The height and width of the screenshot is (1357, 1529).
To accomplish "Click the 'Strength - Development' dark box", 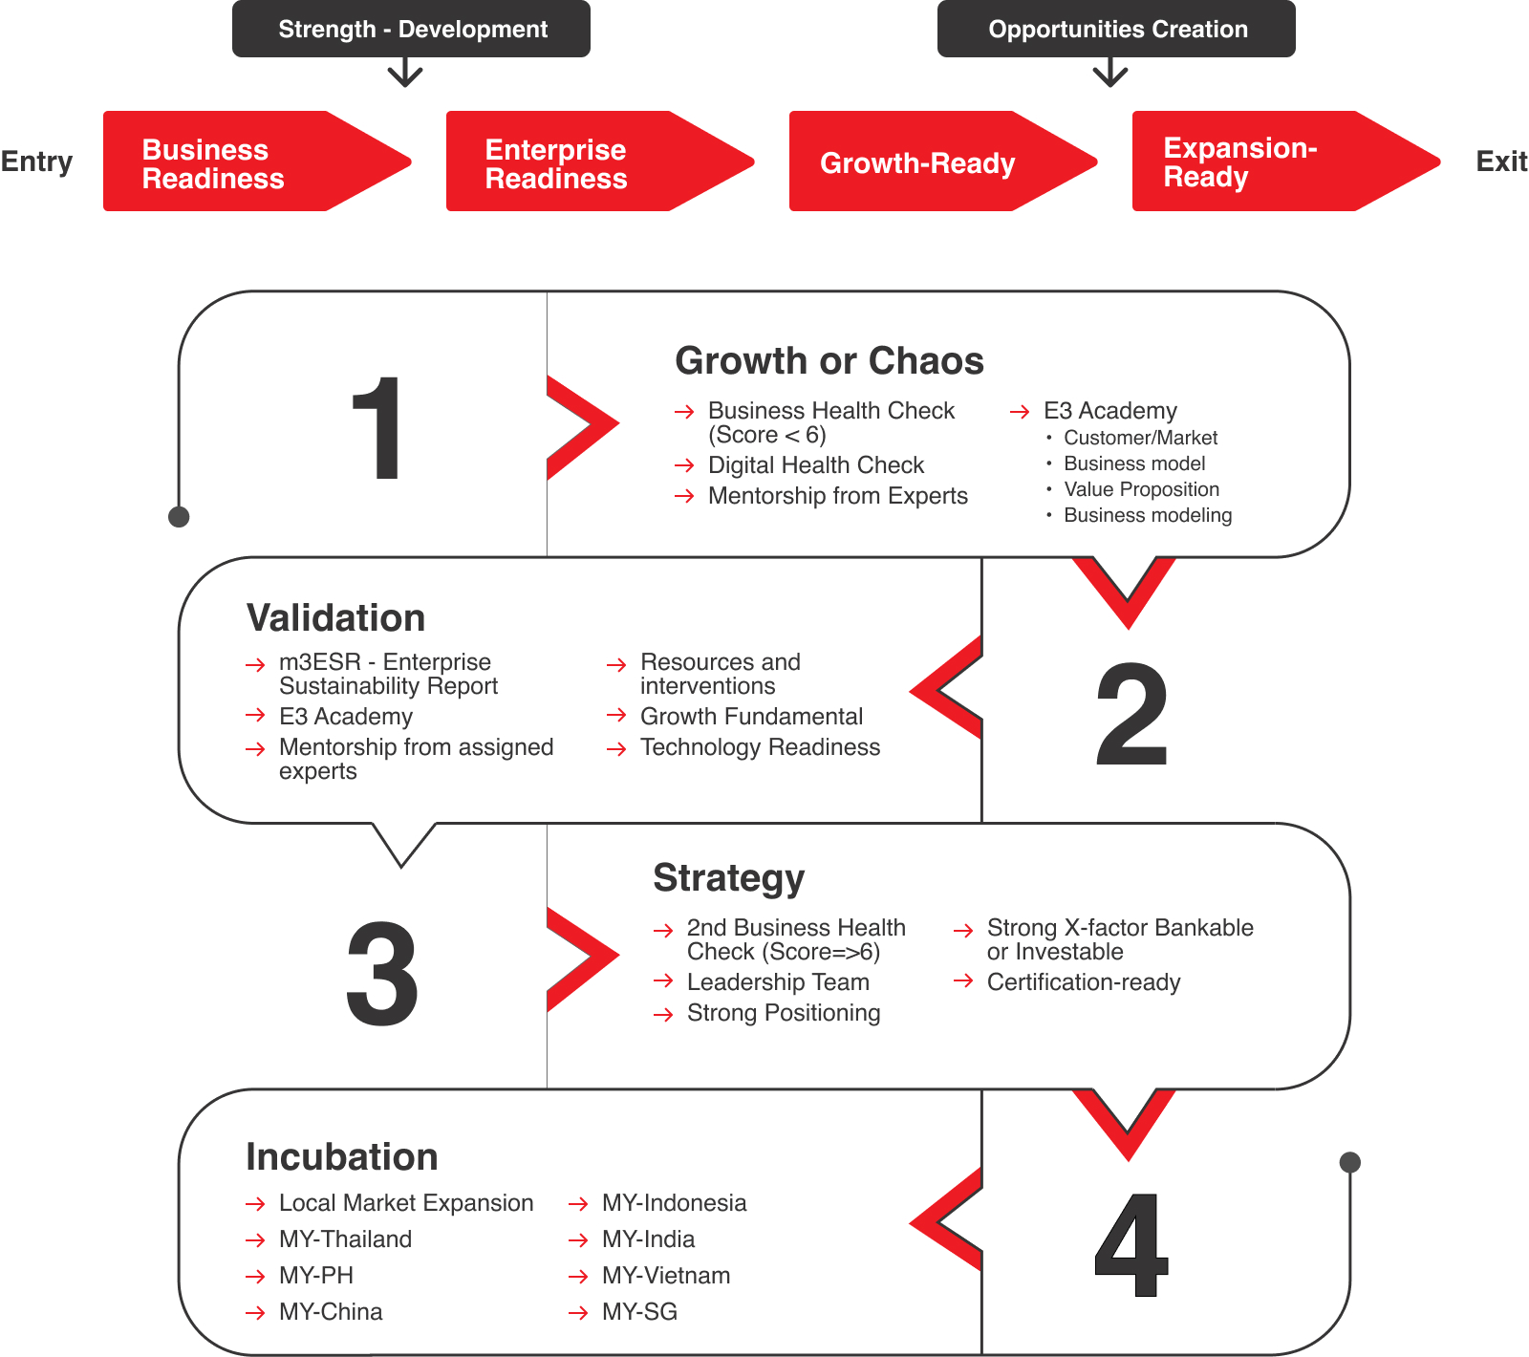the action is click(411, 29).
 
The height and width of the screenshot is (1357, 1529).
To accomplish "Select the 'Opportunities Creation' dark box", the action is click(1116, 29).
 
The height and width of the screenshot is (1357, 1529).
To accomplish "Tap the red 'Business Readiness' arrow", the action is click(256, 162).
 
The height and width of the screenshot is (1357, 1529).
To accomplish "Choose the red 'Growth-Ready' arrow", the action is click(942, 162).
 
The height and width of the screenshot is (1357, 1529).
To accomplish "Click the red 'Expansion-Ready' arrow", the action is click(1285, 162).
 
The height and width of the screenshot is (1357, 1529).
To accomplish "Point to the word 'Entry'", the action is click(36, 162).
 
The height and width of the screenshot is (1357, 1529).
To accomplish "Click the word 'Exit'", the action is click(1501, 162).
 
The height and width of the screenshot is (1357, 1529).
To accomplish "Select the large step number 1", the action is click(378, 428).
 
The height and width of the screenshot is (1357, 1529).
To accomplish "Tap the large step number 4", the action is click(1131, 1245).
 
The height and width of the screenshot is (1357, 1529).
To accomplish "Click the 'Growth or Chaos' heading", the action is click(829, 361).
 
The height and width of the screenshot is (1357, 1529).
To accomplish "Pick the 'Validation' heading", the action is click(335, 618).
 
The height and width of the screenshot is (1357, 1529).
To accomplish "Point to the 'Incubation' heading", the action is click(342, 1157).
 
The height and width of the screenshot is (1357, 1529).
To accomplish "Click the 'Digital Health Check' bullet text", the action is click(816, 465).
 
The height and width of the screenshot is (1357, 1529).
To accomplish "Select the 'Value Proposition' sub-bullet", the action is click(1142, 489).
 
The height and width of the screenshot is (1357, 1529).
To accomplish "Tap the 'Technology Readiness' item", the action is click(760, 747).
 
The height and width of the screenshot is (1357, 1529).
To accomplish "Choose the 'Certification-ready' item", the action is click(1084, 982).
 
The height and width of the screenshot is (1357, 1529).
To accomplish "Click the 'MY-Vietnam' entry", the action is click(666, 1276).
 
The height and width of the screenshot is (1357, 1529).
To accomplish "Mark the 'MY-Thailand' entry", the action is click(345, 1239).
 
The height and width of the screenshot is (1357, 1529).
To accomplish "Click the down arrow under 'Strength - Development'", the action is click(405, 73).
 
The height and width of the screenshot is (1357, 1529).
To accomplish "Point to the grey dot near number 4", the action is click(1350, 1162).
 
